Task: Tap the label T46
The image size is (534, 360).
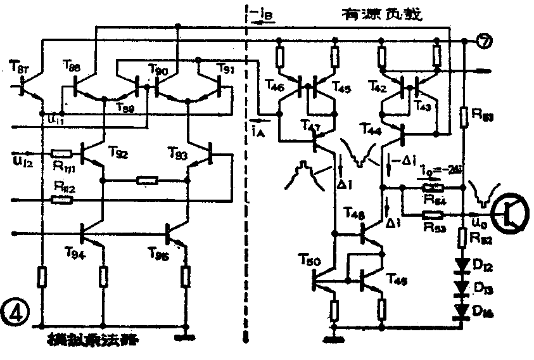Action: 275,86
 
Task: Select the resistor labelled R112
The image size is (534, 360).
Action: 61,186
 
